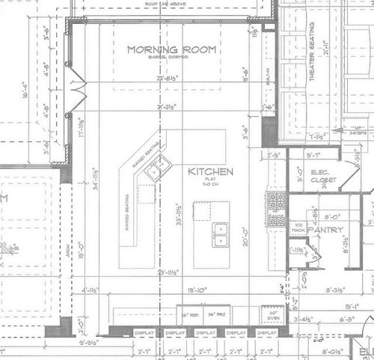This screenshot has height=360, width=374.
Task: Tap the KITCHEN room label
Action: point(211,171)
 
